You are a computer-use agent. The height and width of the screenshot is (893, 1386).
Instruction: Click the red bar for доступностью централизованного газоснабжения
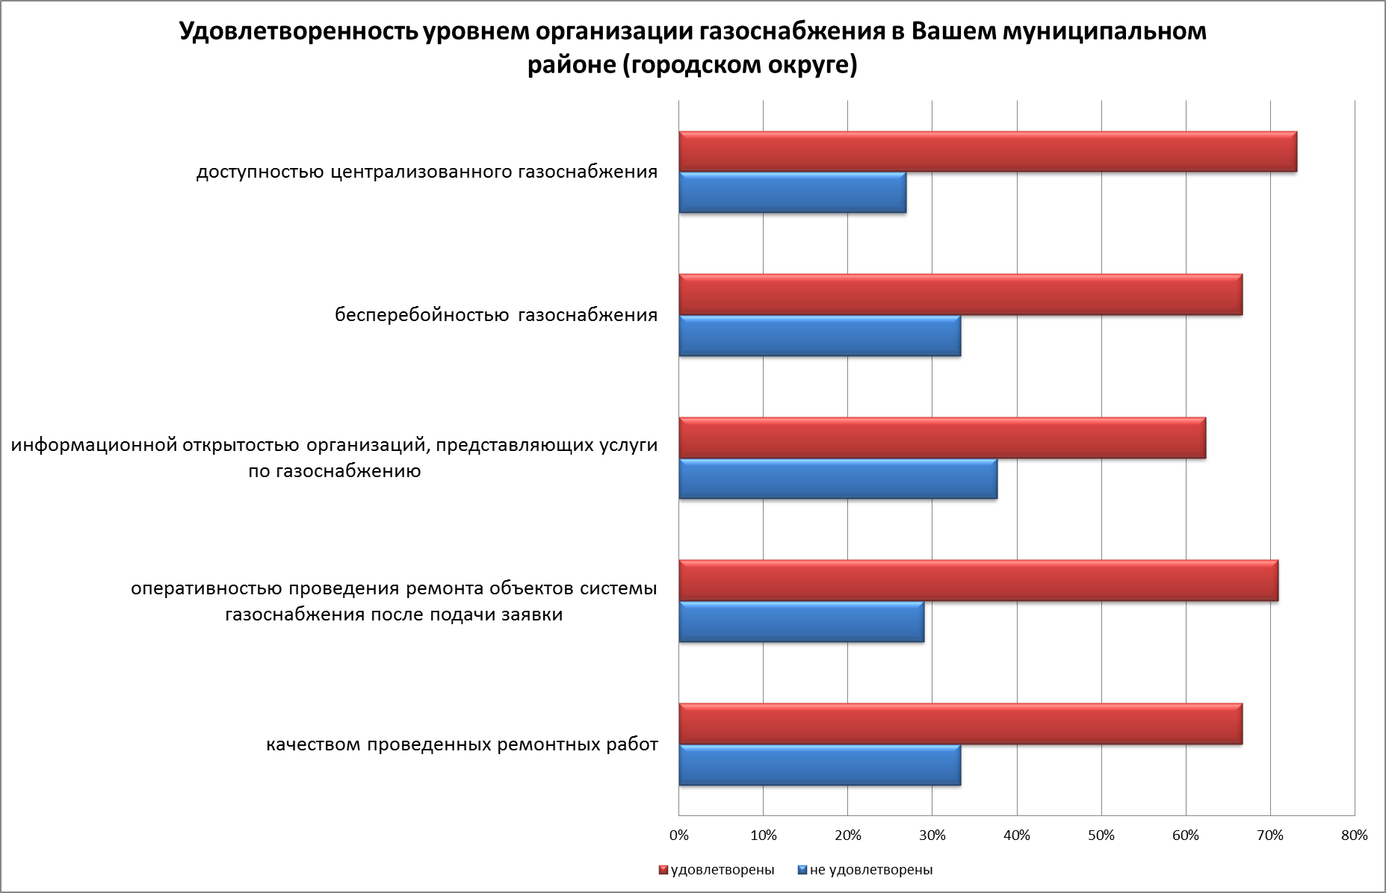tap(987, 152)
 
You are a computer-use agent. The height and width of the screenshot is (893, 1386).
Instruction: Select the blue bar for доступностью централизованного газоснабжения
tap(792, 193)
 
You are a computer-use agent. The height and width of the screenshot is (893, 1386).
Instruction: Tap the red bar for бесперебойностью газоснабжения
tap(960, 295)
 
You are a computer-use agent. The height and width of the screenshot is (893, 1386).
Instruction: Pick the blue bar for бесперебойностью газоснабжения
tap(820, 336)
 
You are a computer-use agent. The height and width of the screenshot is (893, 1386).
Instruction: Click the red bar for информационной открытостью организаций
tap(941, 438)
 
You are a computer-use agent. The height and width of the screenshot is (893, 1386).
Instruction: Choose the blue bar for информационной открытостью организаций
tap(838, 479)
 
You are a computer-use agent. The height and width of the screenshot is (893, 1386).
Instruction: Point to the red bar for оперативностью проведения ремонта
tap(978, 580)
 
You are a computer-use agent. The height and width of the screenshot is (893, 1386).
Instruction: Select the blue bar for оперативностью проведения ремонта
tap(801, 621)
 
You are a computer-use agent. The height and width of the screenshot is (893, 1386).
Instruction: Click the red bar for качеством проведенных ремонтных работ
tap(960, 724)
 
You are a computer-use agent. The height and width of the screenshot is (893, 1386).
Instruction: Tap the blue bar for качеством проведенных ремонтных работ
tap(820, 765)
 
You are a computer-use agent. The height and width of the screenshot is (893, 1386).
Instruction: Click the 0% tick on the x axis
tap(678, 836)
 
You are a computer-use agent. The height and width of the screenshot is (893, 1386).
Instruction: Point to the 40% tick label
tap(1017, 836)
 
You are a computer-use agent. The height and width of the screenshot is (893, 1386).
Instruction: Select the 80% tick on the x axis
tap(1355, 836)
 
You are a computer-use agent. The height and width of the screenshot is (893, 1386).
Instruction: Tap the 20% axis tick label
tap(847, 836)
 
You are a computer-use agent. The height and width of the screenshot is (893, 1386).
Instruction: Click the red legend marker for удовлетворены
tap(663, 870)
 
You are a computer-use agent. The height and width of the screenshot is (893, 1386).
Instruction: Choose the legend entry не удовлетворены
tap(870, 870)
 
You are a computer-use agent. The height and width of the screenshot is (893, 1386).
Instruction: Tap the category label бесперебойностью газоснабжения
tap(496, 315)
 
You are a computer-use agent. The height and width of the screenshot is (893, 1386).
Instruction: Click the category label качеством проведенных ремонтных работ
tap(462, 744)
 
